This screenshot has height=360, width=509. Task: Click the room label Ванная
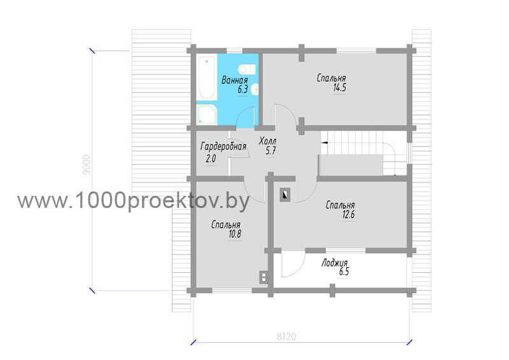[234, 80]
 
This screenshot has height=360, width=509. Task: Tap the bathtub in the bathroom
[206, 78]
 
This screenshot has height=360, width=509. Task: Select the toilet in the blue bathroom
[246, 69]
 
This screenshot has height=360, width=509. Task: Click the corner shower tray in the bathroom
[206, 114]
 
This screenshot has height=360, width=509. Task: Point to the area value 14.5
[340, 88]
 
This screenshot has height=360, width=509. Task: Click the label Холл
[268, 141]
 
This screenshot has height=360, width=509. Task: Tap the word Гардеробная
[223, 147]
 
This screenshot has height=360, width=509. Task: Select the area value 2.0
[211, 159]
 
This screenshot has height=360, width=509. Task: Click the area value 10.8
[235, 234]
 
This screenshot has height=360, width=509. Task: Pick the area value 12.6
[348, 214]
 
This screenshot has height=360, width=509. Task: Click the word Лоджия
[335, 263]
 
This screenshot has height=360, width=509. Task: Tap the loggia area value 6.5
[344, 272]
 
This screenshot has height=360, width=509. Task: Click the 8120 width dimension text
[286, 336]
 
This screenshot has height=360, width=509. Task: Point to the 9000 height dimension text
[87, 165]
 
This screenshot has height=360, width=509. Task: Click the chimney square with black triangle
[285, 195]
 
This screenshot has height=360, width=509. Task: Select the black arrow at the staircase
[324, 142]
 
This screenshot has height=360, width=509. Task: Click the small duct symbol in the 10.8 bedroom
[263, 277]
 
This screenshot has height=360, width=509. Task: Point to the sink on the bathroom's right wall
[256, 89]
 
